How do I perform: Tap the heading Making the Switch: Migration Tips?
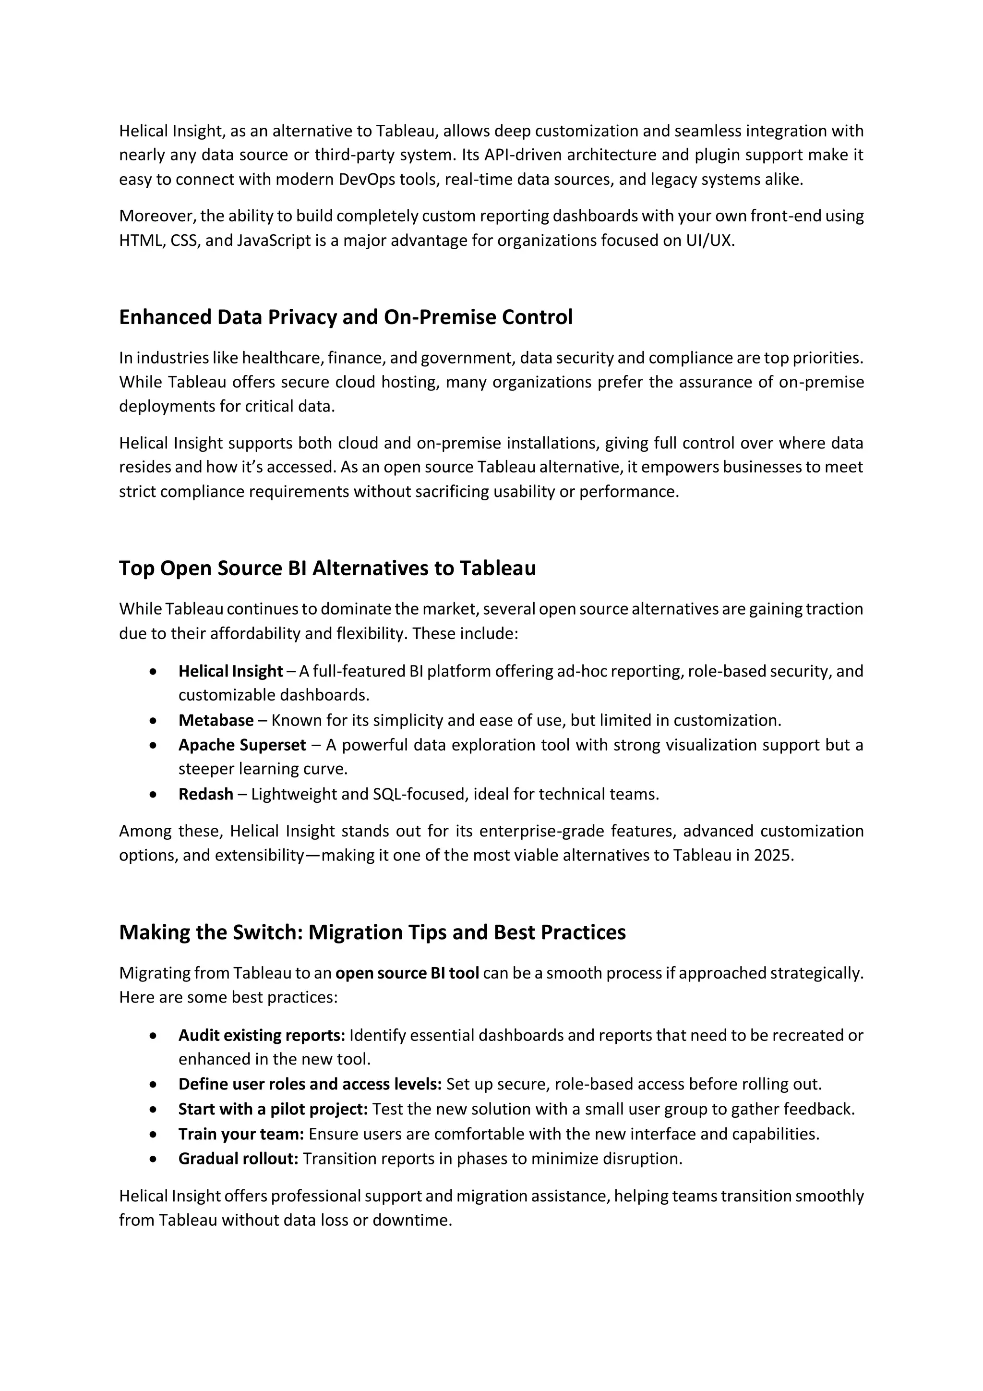(x=372, y=932)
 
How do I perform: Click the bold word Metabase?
(x=216, y=720)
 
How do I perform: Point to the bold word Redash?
(x=205, y=794)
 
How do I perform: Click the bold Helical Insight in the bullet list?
(x=230, y=671)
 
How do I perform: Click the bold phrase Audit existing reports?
(x=261, y=1035)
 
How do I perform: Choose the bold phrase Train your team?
(x=240, y=1134)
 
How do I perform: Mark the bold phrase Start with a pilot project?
(x=273, y=1109)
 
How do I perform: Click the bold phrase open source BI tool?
(x=407, y=973)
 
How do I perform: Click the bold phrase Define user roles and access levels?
(x=310, y=1085)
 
